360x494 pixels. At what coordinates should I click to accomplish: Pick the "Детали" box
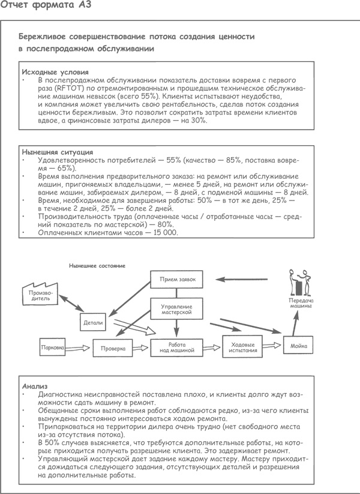tap(94, 322)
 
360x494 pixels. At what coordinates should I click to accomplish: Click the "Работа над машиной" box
tap(177, 346)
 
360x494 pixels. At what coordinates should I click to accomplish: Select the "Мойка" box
tap(299, 346)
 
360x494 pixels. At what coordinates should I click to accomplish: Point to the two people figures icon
tap(301, 283)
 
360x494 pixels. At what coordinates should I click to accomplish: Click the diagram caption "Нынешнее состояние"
tap(93, 265)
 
